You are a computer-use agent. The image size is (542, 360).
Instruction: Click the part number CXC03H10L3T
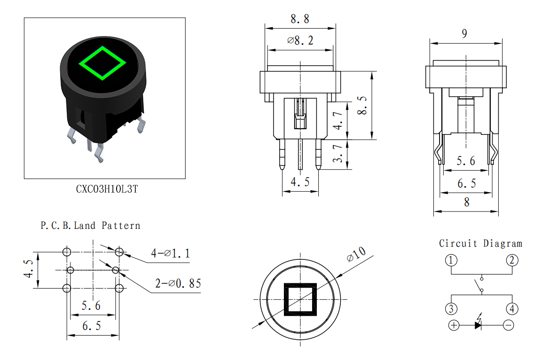(107, 189)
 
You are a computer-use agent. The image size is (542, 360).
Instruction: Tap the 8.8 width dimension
(300, 19)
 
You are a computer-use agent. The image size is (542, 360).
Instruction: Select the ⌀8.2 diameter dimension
(300, 40)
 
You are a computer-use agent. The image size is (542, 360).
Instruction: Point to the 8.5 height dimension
(362, 105)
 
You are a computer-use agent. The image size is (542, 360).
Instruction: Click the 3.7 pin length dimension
(338, 153)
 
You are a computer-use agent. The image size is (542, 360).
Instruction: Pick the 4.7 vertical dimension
(338, 121)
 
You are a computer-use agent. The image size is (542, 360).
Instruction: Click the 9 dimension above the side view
(464, 33)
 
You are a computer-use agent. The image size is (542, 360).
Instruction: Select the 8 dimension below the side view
(467, 202)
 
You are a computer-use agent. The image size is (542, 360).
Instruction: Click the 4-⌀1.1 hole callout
(171, 254)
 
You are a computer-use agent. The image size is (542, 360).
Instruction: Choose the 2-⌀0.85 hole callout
(178, 283)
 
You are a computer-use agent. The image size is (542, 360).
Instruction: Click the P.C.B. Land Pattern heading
(91, 226)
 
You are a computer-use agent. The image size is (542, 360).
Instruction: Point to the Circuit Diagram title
(480, 243)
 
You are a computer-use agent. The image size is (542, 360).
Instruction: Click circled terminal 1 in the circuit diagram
(451, 260)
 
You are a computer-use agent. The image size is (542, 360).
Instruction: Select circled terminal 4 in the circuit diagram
(512, 308)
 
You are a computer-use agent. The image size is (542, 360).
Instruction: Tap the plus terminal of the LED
(454, 325)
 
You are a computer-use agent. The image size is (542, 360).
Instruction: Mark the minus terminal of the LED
(508, 325)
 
